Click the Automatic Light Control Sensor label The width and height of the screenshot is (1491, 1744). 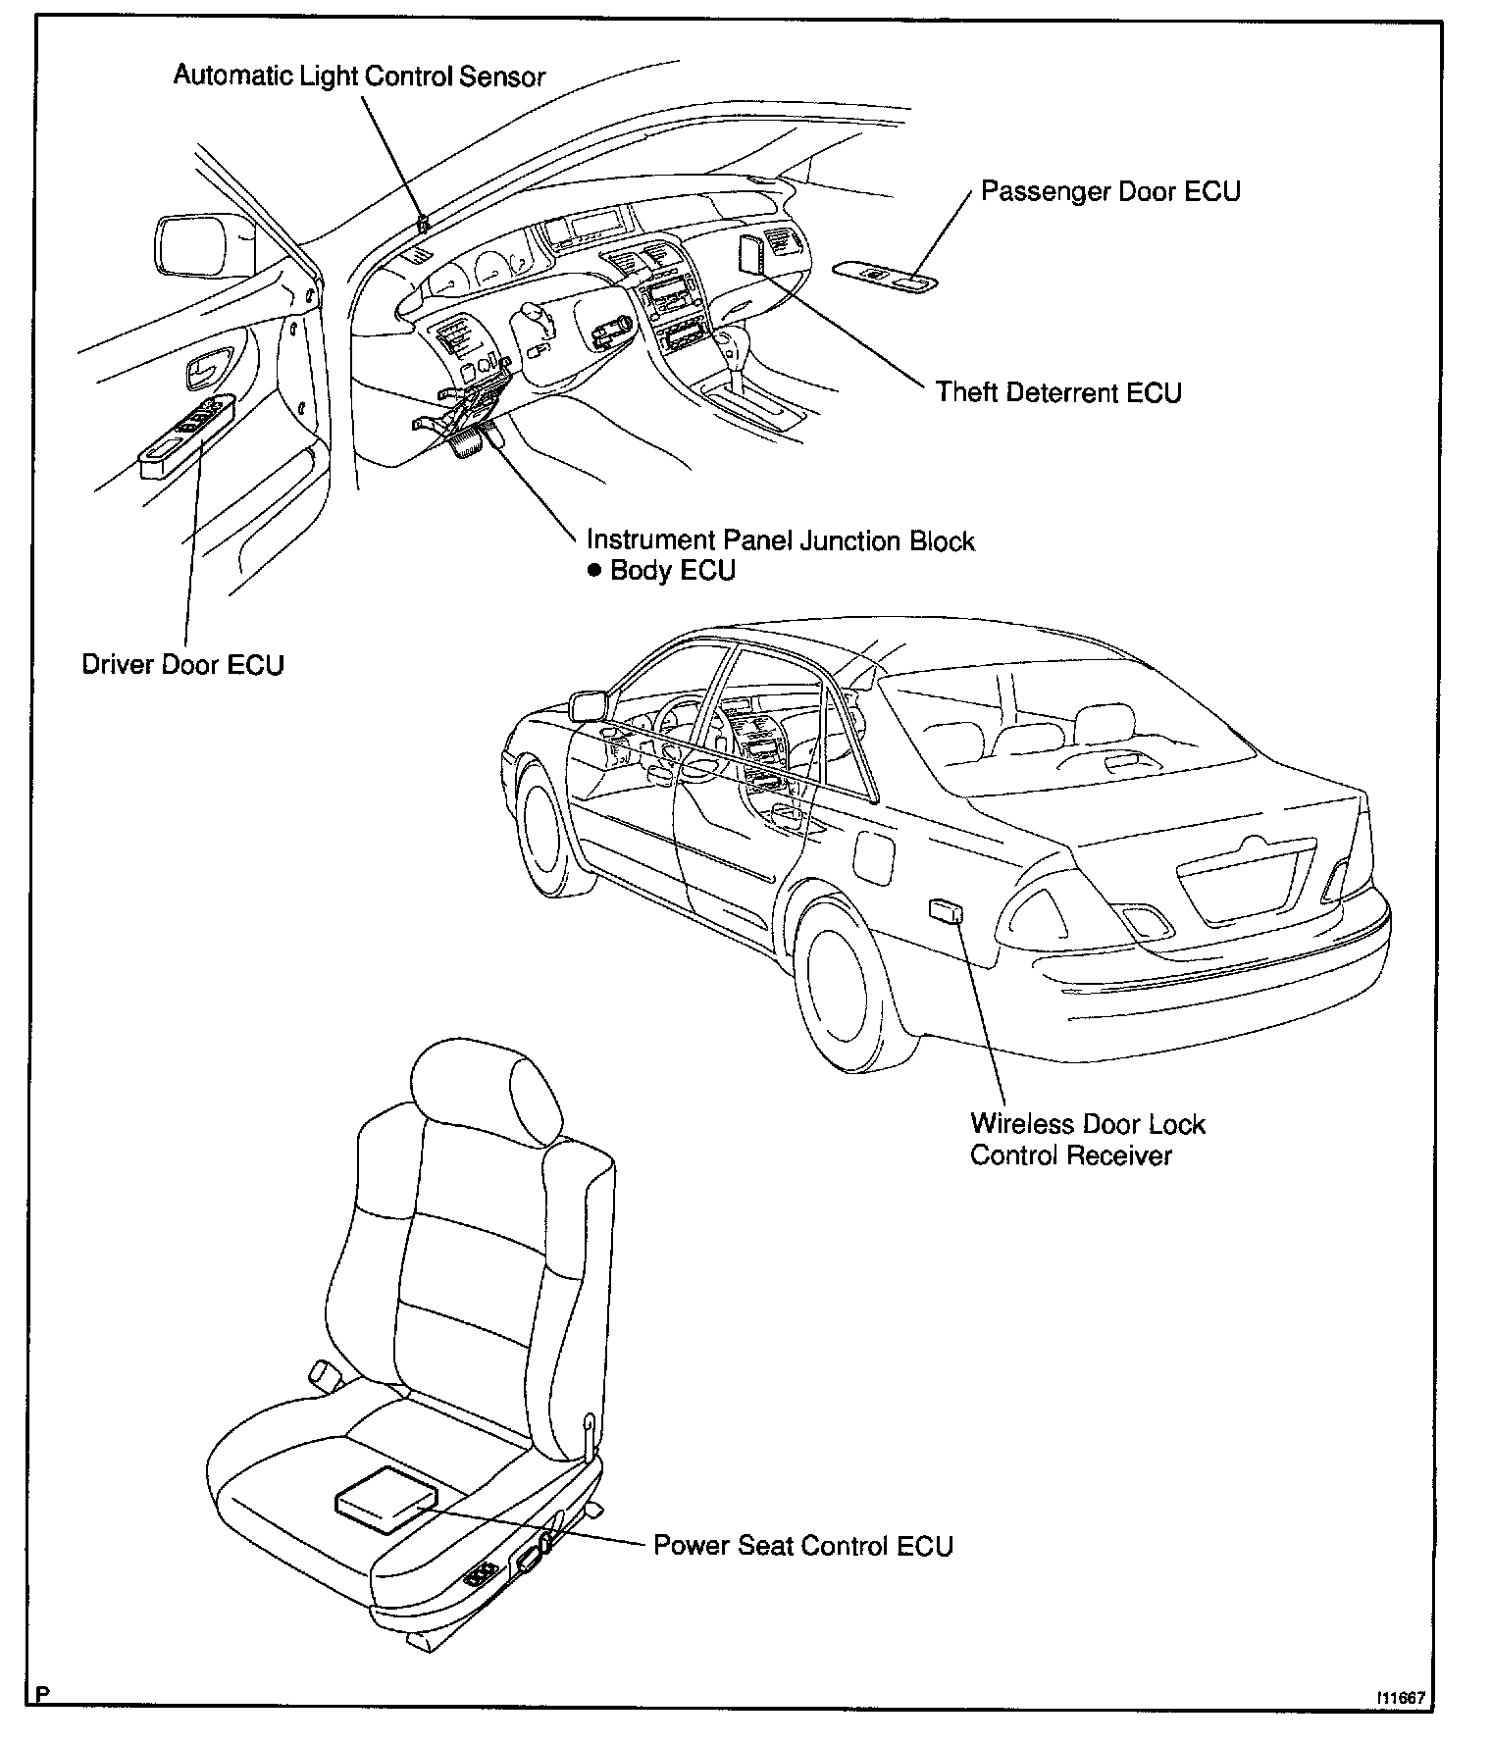359,76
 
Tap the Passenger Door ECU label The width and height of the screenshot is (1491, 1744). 1110,190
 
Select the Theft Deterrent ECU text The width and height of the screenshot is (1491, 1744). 1058,392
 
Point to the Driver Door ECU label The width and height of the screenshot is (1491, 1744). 182,665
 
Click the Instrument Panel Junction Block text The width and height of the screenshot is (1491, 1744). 781,540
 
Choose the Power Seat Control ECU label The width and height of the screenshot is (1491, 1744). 803,1546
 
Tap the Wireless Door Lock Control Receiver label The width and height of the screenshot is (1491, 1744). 1088,1140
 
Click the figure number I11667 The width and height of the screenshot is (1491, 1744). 1400,1697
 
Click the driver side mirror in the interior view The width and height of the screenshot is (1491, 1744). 205,245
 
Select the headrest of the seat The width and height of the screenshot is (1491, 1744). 488,1091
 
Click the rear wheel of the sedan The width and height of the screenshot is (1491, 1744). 842,993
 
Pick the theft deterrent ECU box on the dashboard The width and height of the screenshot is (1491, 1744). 751,255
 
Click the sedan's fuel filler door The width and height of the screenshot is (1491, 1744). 874,854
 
